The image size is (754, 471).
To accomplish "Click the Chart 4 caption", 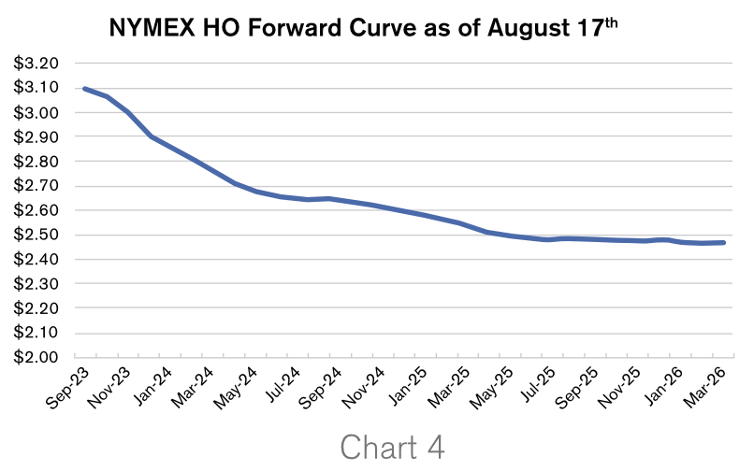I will coord(392,446).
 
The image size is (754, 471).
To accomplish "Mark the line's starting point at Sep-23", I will coord(84,88).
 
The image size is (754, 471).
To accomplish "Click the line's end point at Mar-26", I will coord(724,243).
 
